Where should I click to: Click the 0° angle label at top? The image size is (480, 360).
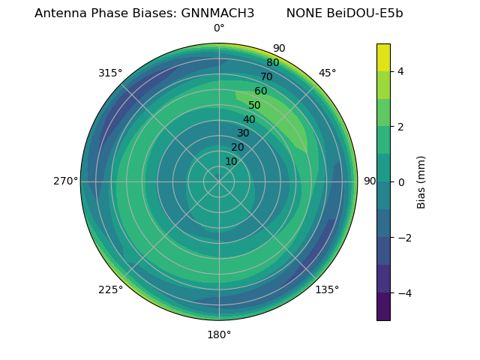coord(219,28)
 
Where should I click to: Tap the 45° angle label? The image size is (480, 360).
coord(328,73)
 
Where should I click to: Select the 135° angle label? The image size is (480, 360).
coord(327,289)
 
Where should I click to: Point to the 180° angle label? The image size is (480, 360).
coord(219,334)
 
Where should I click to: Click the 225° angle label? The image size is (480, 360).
coord(110,289)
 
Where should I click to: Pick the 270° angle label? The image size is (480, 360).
coord(66,181)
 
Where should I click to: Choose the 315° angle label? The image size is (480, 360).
coord(110,73)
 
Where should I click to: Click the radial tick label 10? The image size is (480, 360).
coord(232,161)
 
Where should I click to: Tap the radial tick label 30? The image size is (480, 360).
coord(243,133)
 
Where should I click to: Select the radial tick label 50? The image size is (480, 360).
coord(255,105)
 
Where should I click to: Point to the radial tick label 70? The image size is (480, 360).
coord(266,76)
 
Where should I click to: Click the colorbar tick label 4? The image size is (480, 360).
coord(401,71)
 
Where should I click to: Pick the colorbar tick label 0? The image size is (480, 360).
coord(401,181)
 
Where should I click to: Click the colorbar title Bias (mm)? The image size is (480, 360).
coord(421,181)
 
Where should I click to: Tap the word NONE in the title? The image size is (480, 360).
coord(303,13)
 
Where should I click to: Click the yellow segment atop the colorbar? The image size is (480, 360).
coord(383,57)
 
